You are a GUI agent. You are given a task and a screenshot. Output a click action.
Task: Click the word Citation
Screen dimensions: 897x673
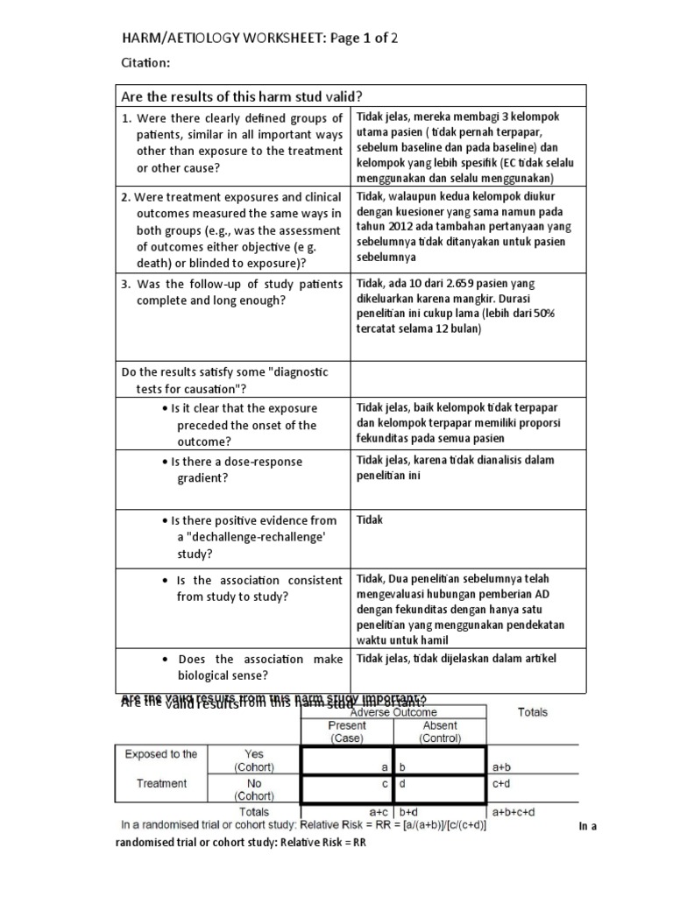pyautogui.click(x=145, y=63)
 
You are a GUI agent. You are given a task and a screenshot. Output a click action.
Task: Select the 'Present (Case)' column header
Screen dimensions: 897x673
pyautogui.click(x=347, y=731)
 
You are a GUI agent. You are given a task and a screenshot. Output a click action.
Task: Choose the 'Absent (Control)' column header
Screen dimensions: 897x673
pyautogui.click(x=439, y=731)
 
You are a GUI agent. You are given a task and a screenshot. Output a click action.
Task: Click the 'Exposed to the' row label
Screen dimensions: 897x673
pyautogui.click(x=161, y=753)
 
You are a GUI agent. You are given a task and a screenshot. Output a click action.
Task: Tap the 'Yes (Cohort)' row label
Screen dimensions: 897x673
pyautogui.click(x=253, y=759)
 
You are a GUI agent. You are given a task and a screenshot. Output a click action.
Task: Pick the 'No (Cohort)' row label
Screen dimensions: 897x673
pyautogui.click(x=253, y=789)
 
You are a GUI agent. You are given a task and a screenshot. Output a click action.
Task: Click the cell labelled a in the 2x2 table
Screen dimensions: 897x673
pyautogui.click(x=348, y=766)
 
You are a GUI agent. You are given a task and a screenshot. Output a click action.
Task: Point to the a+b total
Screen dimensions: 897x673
pyautogui.click(x=502, y=766)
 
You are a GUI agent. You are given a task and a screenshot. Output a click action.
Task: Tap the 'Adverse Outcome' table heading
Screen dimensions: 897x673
pyautogui.click(x=393, y=712)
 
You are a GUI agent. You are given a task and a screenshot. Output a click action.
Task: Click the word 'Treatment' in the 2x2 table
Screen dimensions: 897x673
pyautogui.click(x=161, y=783)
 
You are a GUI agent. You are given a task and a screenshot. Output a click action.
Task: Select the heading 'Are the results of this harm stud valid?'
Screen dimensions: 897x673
pyautogui.click(x=242, y=95)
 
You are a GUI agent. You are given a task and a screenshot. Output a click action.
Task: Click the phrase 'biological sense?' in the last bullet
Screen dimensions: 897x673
pyautogui.click(x=223, y=675)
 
